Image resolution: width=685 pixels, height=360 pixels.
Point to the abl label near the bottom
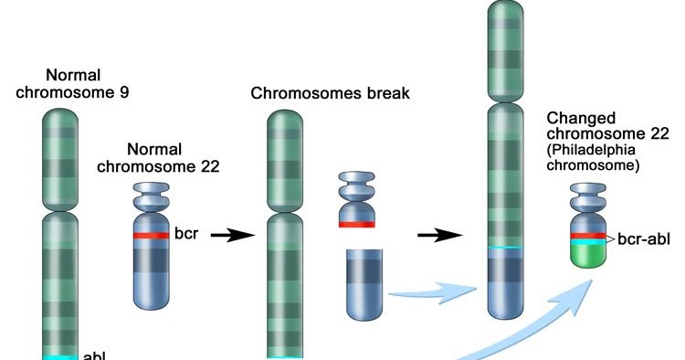tap(95, 355)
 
